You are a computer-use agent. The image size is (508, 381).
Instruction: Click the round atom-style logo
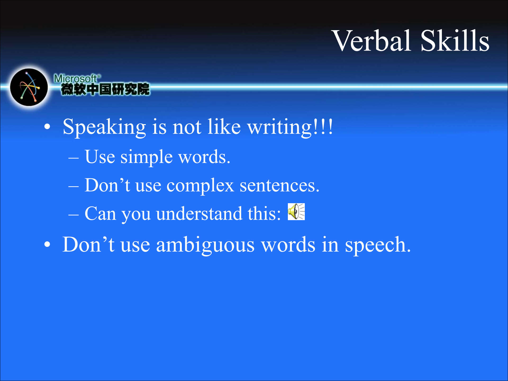(29, 87)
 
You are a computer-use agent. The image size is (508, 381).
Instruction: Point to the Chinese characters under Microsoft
(105, 89)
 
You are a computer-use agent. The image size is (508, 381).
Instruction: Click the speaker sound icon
(296, 212)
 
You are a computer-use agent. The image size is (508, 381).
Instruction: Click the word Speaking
(104, 127)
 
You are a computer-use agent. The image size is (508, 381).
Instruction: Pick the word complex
(200, 185)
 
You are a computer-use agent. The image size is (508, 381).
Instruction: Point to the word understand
(199, 213)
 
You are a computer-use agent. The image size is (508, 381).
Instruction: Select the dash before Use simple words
(73, 158)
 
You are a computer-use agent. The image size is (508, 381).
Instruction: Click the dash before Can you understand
(73, 215)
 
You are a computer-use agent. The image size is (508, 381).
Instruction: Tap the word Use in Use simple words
(100, 157)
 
